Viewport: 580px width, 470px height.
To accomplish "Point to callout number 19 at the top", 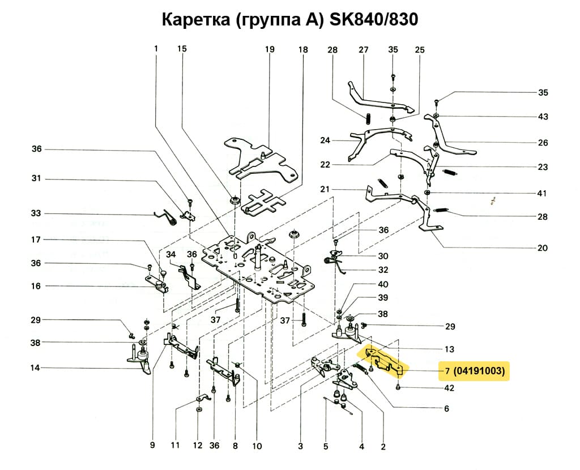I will (x=269, y=50).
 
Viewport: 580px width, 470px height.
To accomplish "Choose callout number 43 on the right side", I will (x=543, y=117).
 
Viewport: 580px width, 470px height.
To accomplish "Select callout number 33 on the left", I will (x=36, y=213).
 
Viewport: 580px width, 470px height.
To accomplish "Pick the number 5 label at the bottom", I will (x=326, y=446).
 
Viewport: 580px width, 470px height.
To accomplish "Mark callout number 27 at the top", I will (x=363, y=50).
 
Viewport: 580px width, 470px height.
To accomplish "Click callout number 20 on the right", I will (x=543, y=248).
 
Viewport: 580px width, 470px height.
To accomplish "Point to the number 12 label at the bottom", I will (x=198, y=446).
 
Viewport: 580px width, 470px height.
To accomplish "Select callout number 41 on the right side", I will (x=542, y=194).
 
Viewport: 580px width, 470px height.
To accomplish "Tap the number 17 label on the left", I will (x=36, y=240).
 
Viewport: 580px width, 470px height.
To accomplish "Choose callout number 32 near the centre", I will (x=383, y=270).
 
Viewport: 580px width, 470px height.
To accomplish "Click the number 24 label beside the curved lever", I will (x=325, y=140).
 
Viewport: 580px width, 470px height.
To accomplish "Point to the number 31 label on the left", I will (x=36, y=179).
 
